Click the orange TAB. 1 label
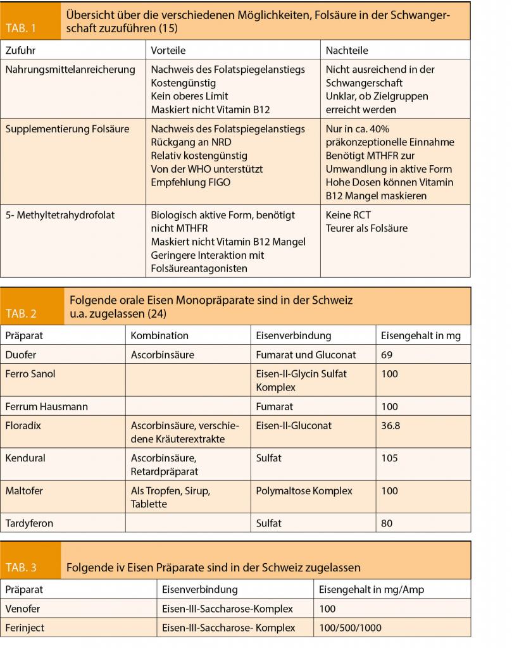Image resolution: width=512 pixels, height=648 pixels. tap(21, 28)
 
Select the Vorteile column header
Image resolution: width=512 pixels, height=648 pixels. tap(168, 50)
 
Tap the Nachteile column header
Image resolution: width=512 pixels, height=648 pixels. tap(346, 50)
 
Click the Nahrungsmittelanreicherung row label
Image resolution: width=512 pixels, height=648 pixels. tap(70, 69)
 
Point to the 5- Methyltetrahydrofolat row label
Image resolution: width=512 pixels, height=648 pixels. tap(60, 215)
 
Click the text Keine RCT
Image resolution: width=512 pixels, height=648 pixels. tap(348, 215)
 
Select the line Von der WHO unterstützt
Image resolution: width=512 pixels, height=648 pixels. tap(207, 169)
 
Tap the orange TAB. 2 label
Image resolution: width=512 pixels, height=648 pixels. tap(21, 313)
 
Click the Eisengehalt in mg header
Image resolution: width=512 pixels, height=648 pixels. tap(421, 335)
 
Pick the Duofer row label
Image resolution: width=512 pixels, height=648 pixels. tap(21, 355)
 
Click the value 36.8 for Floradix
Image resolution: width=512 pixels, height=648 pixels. tap(390, 425)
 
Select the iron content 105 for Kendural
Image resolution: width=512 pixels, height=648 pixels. tap(390, 458)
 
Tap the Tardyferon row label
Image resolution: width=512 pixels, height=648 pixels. tap(29, 523)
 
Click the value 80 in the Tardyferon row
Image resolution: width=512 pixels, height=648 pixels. tap(387, 523)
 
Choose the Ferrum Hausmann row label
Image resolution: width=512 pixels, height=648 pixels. tap(46, 406)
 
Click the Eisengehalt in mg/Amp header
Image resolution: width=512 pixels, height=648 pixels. tap(371, 589)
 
